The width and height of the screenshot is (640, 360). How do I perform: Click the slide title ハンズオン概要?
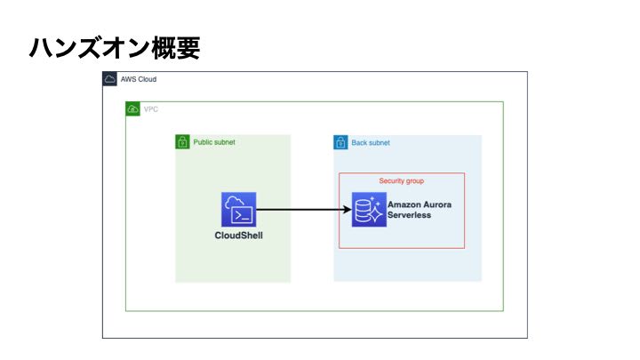[x=115, y=48]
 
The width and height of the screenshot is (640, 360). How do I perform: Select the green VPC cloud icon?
[x=133, y=109]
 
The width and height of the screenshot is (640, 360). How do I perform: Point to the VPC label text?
[x=151, y=109]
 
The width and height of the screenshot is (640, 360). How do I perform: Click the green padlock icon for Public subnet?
[x=182, y=142]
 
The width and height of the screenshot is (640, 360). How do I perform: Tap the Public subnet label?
[x=214, y=142]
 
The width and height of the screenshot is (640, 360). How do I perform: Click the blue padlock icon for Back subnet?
[x=340, y=142]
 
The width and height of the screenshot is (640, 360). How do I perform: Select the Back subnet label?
[x=371, y=142]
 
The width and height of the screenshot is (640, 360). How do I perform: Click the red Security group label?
[x=402, y=180]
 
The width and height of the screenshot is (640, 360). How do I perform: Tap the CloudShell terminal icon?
[x=239, y=210]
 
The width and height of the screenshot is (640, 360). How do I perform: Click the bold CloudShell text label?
[x=239, y=236]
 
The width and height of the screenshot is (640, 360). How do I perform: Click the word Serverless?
[x=409, y=216]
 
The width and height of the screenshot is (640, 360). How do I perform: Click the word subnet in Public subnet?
[x=224, y=142]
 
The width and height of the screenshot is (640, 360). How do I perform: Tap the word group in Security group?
[x=414, y=180]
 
